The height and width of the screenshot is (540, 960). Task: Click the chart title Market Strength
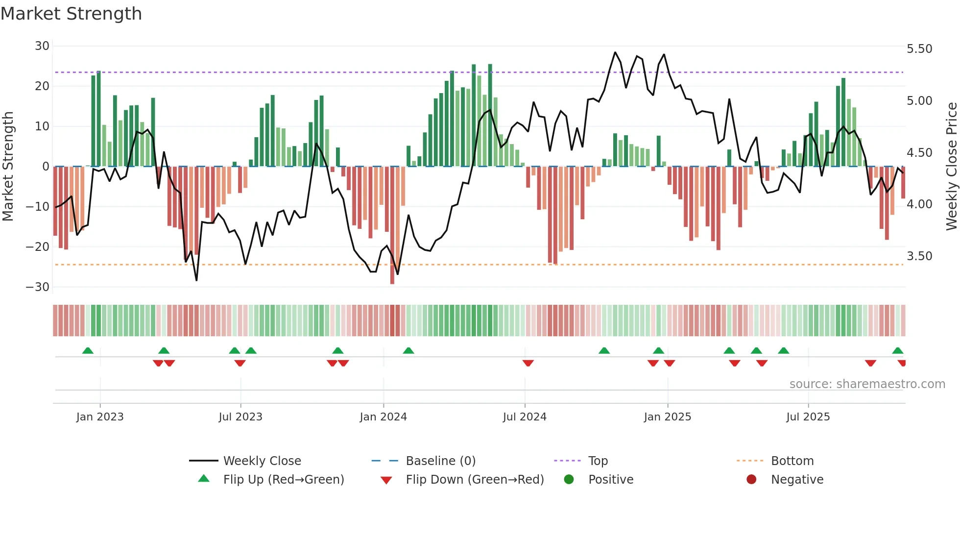pos(71,14)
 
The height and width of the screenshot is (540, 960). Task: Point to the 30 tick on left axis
pos(42,46)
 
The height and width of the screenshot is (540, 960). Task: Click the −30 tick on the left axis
pos(38,287)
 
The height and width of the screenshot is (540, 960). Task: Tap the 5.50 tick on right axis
pos(919,49)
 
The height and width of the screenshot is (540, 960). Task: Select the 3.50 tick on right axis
pos(919,256)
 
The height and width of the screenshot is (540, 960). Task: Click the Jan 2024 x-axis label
pos(383,417)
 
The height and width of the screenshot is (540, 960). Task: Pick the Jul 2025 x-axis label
pos(808,417)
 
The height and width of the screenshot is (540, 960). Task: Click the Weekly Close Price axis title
pos(951,167)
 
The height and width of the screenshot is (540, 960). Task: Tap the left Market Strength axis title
pos(8,167)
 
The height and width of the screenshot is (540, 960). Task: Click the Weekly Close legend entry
pos(262,461)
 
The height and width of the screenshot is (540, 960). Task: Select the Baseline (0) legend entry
pos(440,461)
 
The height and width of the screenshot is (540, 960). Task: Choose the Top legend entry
pos(598,461)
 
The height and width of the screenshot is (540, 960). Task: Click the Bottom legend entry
pos(792,461)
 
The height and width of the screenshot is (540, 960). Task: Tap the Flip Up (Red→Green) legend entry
pos(284,480)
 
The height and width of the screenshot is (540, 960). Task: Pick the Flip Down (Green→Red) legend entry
pos(475,480)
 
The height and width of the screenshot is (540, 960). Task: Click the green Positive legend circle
pos(569,480)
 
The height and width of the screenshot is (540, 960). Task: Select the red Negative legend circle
pos(751,480)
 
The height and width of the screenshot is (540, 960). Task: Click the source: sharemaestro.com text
pos(867,384)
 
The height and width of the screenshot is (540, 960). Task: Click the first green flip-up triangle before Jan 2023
pos(88,351)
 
